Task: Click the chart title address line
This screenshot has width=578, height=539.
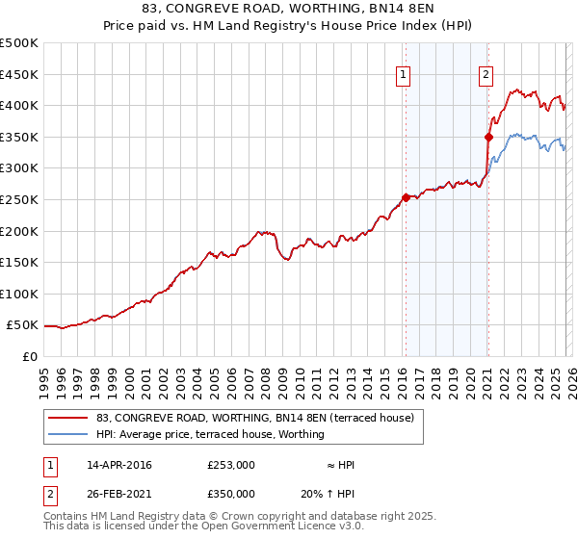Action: (289, 9)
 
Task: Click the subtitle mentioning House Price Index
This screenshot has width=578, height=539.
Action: (289, 26)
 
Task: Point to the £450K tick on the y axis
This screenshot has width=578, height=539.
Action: (19, 74)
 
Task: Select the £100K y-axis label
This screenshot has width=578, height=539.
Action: (19, 295)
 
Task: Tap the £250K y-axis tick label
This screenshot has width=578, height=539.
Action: (19, 200)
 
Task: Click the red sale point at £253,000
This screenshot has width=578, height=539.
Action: (406, 197)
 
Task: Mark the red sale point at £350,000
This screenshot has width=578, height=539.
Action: (488, 137)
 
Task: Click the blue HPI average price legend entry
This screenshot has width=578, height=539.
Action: (210, 435)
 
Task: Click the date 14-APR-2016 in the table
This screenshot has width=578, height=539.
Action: (118, 465)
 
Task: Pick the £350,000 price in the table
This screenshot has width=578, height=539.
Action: (230, 494)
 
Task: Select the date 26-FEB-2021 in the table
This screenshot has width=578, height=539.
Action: (118, 494)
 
